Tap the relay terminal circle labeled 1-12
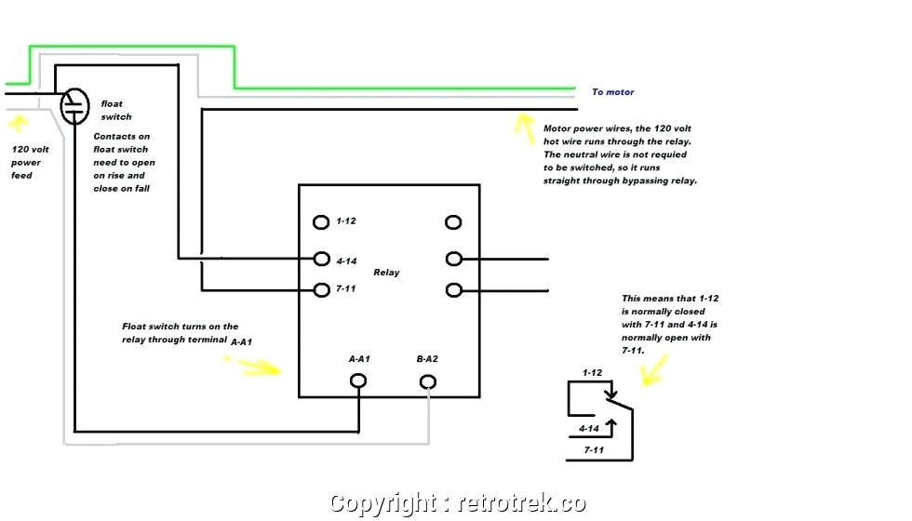pos(321,222)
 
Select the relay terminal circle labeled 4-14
pos(321,259)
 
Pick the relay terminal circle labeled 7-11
pos(321,289)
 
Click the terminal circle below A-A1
pos(357,381)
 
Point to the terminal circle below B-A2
pos(428,381)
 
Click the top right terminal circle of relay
pos(453,222)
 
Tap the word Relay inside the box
pos(386,273)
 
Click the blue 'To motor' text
pos(612,92)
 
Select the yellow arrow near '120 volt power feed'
pos(18,122)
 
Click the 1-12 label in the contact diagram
pos(593,373)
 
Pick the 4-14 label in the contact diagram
pos(589,429)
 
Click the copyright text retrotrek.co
pos(458,503)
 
